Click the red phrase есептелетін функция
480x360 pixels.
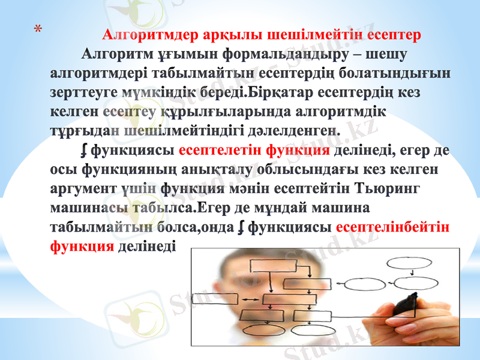point(254,149)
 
